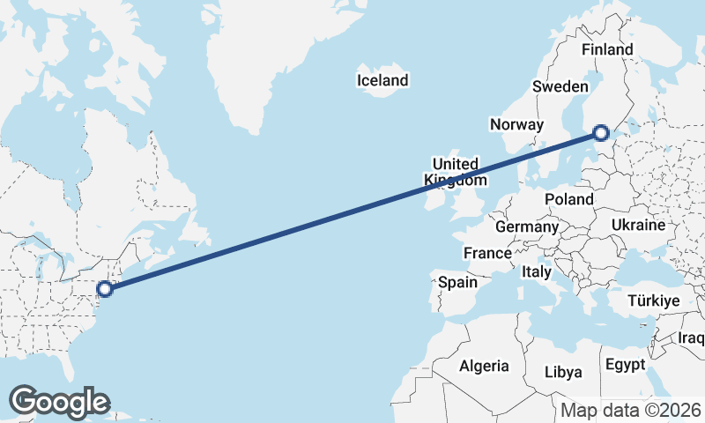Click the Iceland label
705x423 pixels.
click(x=382, y=80)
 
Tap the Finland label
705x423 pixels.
click(x=607, y=49)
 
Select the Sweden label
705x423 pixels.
click(x=560, y=86)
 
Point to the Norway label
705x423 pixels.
click(x=516, y=124)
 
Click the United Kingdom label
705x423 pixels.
click(x=455, y=172)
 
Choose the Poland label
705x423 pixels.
click(x=568, y=199)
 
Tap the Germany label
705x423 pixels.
click(x=527, y=226)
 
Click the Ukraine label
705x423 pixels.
click(x=637, y=225)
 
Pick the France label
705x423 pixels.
click(x=487, y=253)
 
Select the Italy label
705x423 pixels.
click(x=536, y=271)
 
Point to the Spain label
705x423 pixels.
click(x=457, y=283)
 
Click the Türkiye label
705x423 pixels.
click(x=653, y=301)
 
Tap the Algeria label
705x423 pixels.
click(x=484, y=366)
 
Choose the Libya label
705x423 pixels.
click(x=563, y=372)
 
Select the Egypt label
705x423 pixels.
click(x=625, y=364)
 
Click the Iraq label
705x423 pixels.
click(x=692, y=338)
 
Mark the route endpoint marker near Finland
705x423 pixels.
click(x=601, y=133)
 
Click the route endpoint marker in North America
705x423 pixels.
click(x=105, y=288)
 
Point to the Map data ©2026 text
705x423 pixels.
click(x=631, y=410)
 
